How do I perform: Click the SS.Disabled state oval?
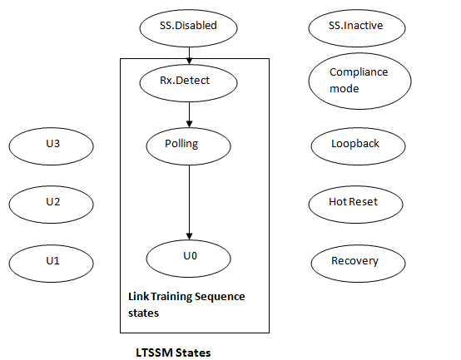189,27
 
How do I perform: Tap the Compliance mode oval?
358,81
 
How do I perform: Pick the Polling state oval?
189,145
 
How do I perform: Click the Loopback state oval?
356,145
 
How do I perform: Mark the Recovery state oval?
355,262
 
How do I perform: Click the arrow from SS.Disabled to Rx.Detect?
189,52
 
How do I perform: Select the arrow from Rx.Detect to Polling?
189,112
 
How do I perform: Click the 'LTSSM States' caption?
173,353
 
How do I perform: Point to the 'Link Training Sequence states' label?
186,303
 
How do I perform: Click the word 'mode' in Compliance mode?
345,88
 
